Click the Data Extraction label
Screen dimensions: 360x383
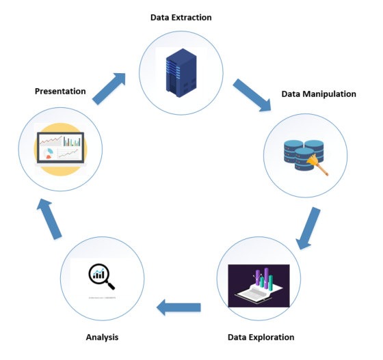(182, 16)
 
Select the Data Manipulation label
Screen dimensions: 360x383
(319, 94)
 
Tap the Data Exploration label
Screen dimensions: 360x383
(260, 337)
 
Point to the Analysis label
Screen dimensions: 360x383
(103, 337)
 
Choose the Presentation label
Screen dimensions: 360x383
(60, 91)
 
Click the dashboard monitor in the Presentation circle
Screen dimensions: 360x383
(60, 148)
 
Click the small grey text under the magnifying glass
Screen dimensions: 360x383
(103, 298)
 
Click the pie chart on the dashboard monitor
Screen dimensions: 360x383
(49, 155)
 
